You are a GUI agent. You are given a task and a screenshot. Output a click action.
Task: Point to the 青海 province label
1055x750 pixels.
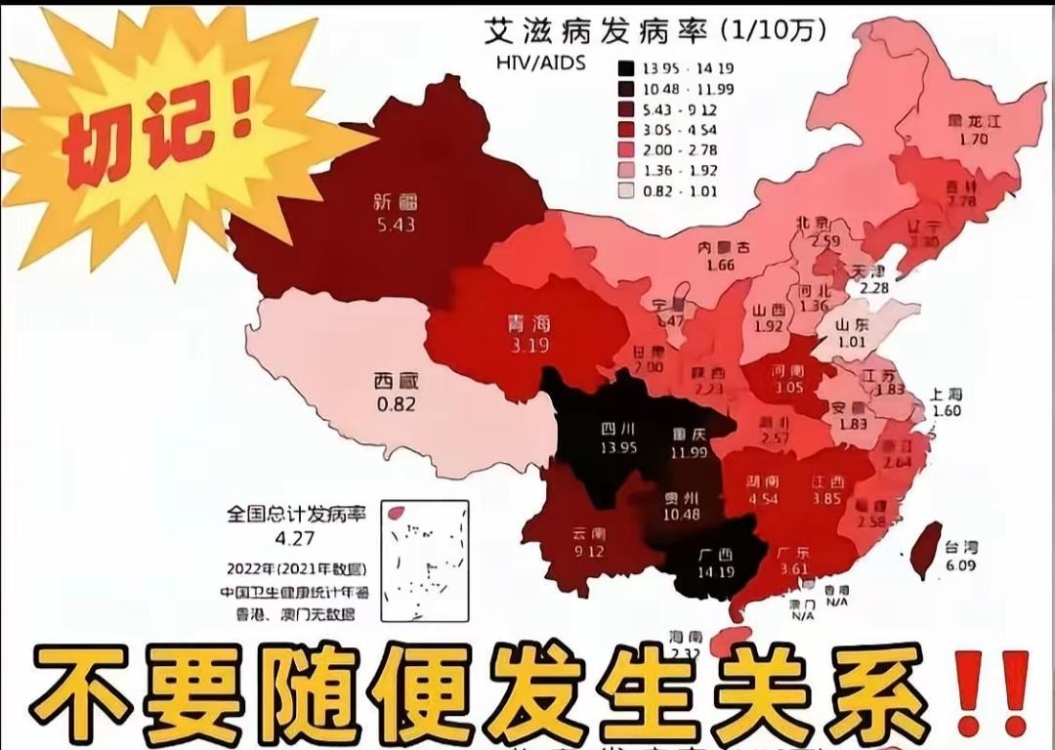click(x=528, y=323)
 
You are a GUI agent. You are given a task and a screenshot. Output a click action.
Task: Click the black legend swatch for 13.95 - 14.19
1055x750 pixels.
click(x=625, y=68)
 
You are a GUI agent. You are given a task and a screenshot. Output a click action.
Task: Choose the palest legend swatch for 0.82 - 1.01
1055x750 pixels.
click(x=625, y=191)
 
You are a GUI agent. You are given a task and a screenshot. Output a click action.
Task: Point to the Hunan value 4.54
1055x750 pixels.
click(x=761, y=500)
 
